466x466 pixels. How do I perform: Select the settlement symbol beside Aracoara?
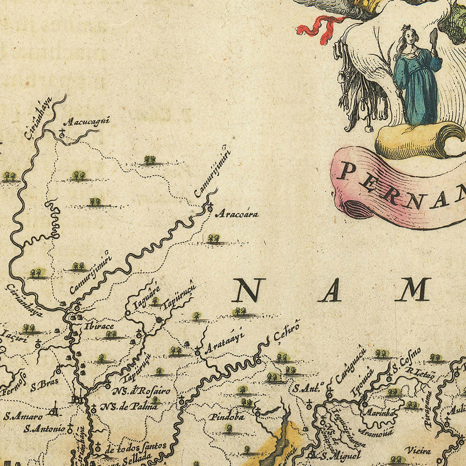210,209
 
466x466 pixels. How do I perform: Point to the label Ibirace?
99,327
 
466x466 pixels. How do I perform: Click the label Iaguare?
147,297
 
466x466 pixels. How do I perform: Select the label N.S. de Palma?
129,406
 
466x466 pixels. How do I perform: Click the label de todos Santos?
136,446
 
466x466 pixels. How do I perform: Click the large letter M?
414,289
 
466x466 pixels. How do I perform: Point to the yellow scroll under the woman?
414,141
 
